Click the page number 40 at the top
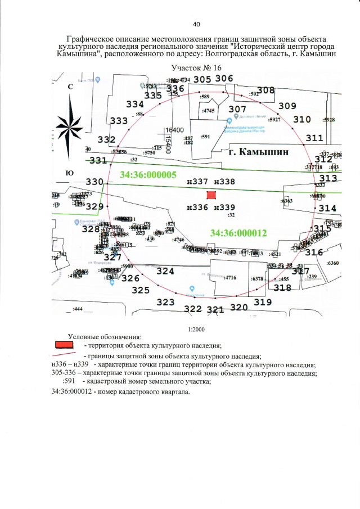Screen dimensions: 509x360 196,24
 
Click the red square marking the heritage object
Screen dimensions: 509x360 211,195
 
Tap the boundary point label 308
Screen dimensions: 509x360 265,90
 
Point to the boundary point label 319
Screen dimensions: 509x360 263,302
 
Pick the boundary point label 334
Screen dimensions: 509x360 135,104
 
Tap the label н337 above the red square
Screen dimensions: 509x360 197,182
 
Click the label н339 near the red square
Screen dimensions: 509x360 224,207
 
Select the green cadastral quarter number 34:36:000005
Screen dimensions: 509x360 148,175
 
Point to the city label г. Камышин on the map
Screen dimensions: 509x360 259,152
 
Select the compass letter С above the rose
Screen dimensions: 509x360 70,87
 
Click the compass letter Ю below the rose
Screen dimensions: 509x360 70,173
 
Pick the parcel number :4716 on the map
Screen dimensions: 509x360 230,278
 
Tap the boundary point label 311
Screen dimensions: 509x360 314,138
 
